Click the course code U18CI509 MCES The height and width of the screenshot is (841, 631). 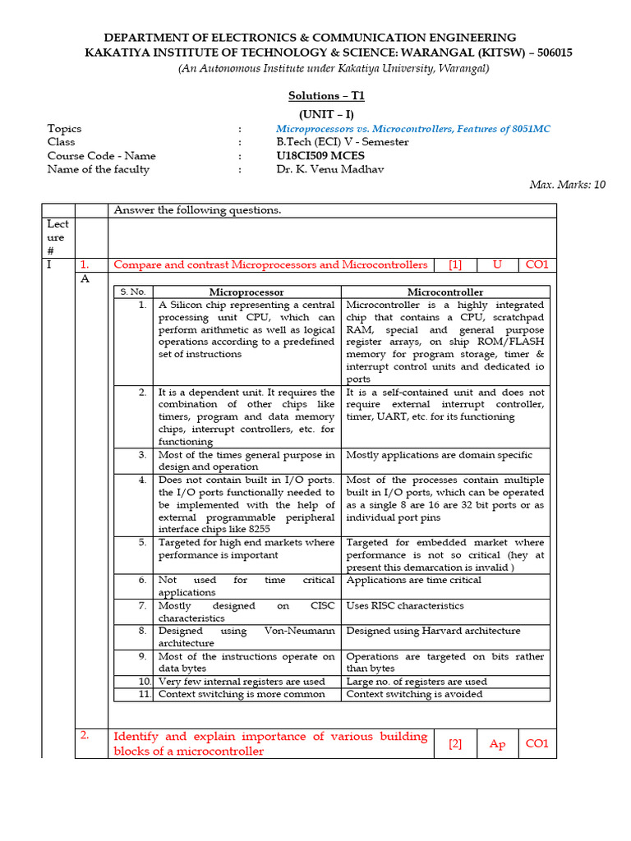[320, 155]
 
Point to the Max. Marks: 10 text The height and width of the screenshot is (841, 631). [567, 185]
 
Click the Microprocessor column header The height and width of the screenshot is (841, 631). [246, 292]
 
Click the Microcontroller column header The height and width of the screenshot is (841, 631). [445, 292]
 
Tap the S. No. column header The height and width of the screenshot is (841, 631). [132, 292]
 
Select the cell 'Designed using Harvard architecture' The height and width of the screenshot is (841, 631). [433, 631]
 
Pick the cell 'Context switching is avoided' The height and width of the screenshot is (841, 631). [414, 694]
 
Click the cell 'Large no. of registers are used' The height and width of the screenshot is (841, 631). [417, 681]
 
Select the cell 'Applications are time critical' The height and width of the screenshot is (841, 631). [413, 580]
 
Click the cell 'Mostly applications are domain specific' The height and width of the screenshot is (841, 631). [439, 454]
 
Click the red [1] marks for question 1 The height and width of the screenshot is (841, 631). [455, 264]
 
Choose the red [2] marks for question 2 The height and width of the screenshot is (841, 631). [455, 744]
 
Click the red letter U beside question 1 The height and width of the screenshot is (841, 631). [497, 264]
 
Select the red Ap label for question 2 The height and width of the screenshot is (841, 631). [497, 744]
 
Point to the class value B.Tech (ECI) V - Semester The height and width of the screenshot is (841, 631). [342, 142]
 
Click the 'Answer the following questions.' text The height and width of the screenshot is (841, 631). [197, 210]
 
